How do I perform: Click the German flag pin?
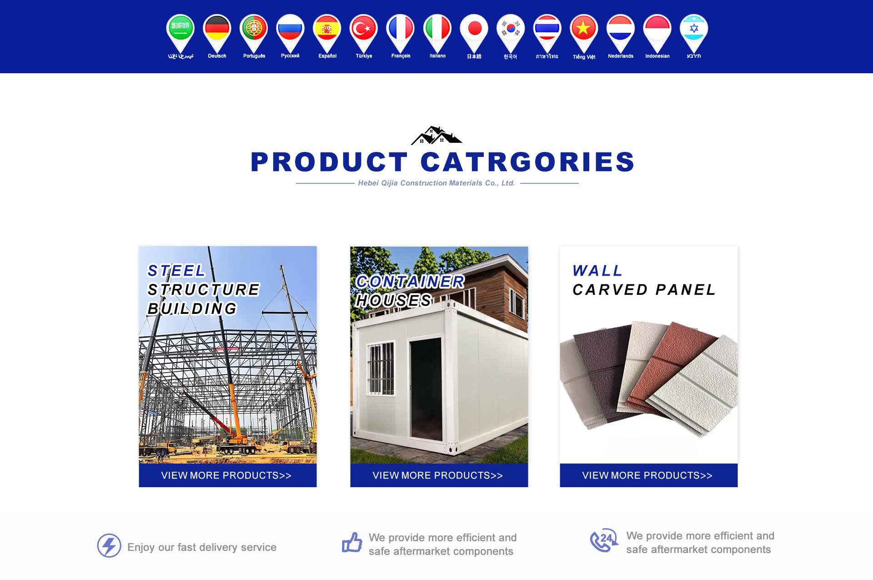click(217, 32)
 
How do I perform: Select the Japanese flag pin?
click(474, 32)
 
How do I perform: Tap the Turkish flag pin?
click(364, 32)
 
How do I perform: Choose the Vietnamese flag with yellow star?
click(584, 32)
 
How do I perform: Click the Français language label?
click(401, 56)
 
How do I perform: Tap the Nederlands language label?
click(621, 56)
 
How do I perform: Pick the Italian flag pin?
click(437, 32)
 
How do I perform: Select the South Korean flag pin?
click(511, 32)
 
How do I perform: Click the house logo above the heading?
click(436, 135)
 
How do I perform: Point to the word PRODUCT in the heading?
click(329, 162)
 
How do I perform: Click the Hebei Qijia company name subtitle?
click(436, 183)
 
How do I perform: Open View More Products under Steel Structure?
click(226, 475)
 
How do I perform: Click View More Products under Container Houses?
click(438, 475)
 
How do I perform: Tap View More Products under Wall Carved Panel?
click(647, 475)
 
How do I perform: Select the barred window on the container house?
click(381, 368)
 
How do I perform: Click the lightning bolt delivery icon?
click(109, 545)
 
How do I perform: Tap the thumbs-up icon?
click(352, 542)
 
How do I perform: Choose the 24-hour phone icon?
click(604, 540)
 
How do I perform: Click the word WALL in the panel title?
click(597, 271)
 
